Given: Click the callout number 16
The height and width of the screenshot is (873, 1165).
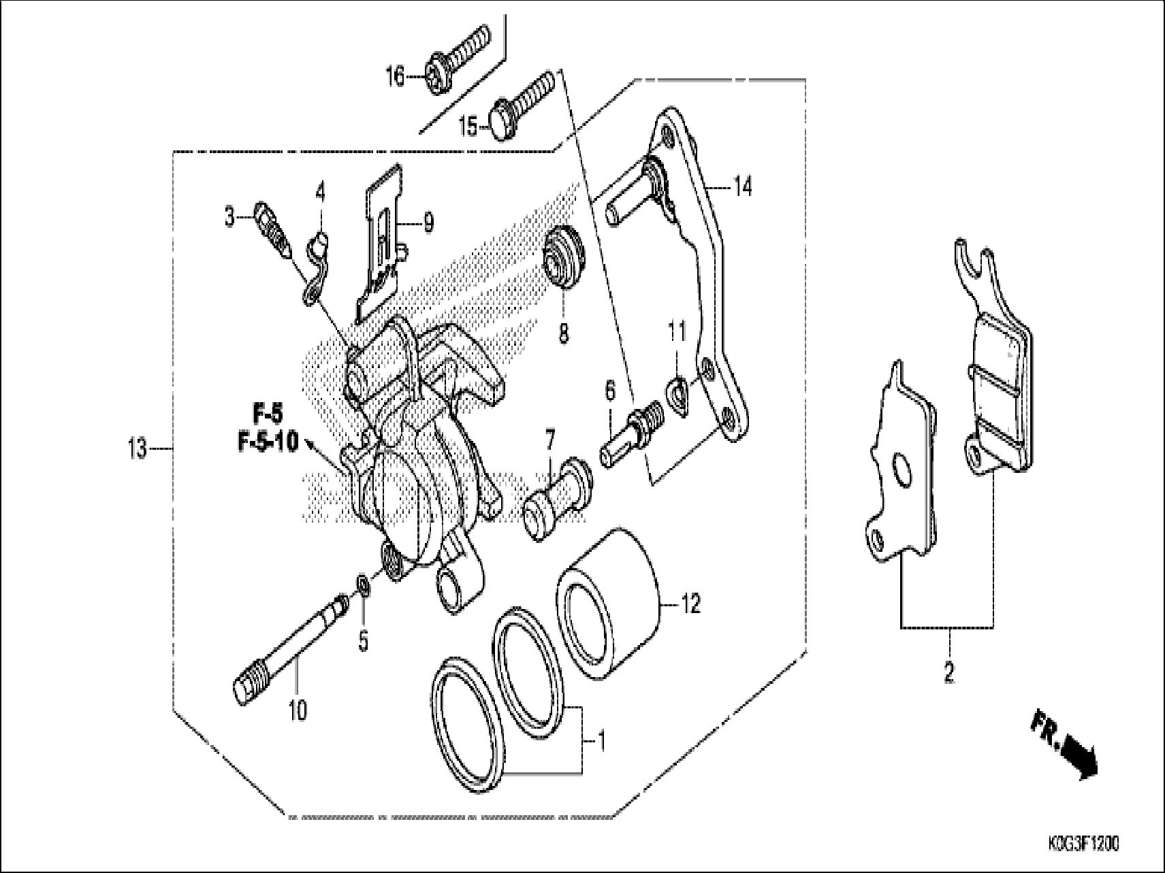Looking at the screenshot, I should (x=396, y=76).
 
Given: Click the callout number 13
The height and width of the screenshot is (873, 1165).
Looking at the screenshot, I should (x=138, y=449).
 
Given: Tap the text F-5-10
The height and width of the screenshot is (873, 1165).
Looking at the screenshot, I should (x=268, y=443).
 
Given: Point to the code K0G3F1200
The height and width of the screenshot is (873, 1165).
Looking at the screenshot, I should (x=1083, y=844).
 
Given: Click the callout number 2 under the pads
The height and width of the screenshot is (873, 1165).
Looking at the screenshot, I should (x=948, y=673).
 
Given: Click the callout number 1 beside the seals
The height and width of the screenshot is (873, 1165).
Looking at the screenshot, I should (x=602, y=739).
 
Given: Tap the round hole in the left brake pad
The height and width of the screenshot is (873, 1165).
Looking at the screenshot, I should (x=900, y=470).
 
